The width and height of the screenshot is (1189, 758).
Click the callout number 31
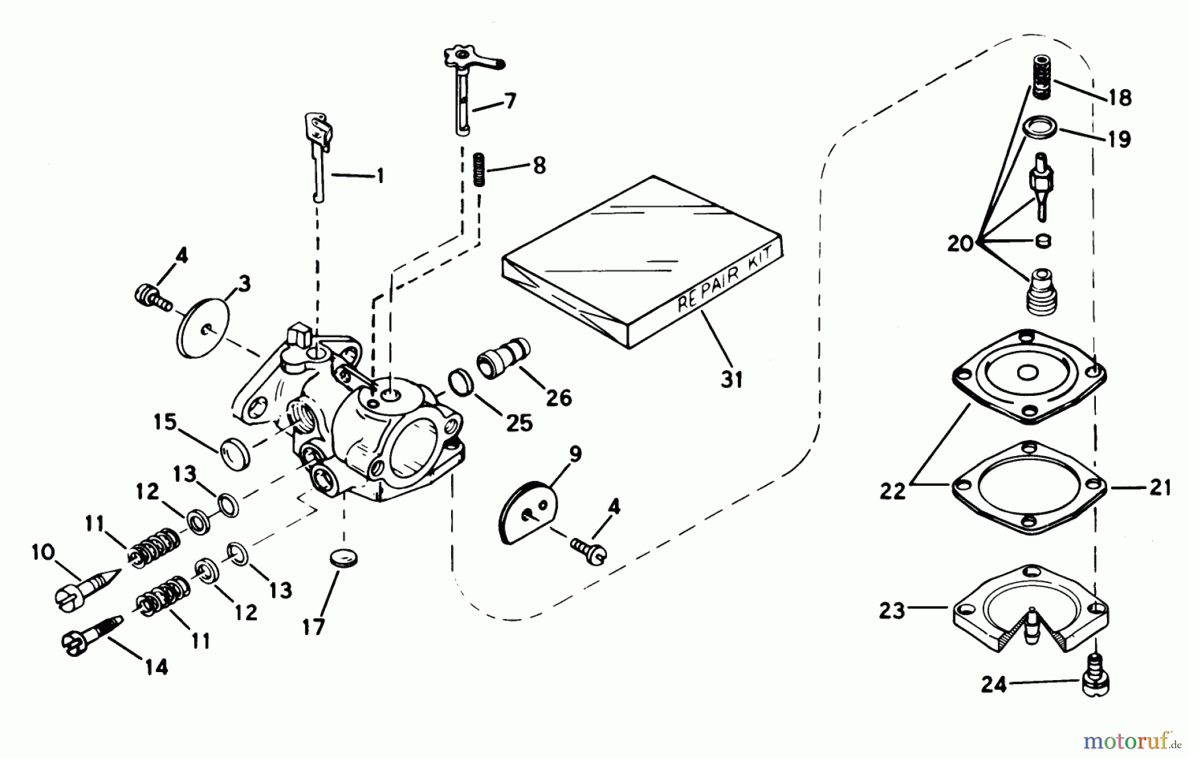pyautogui.click(x=731, y=379)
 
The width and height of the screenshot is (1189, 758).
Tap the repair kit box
pyautogui.click(x=641, y=262)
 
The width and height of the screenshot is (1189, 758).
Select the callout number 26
pyautogui.click(x=558, y=398)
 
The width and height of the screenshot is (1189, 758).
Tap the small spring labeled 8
pyautogui.click(x=480, y=171)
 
